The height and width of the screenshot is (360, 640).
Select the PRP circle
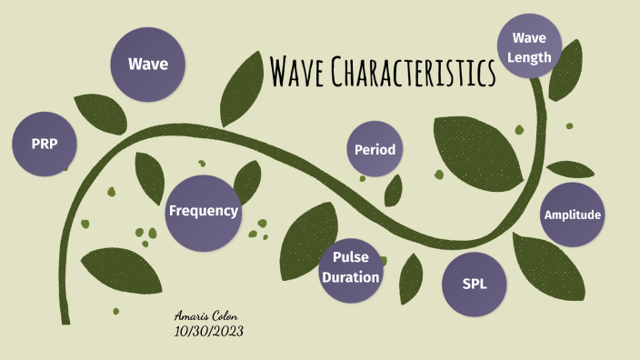[44, 144]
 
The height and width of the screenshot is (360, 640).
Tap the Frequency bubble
[203, 212]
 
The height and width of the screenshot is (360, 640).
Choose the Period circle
[375, 149]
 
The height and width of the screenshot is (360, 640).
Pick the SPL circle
[475, 284]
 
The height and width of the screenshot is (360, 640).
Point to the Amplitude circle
[572, 215]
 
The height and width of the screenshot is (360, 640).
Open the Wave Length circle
[530, 46]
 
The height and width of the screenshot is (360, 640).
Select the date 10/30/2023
[208, 331]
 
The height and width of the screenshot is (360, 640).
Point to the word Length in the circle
[530, 56]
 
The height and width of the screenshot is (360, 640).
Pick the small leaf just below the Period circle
[394, 190]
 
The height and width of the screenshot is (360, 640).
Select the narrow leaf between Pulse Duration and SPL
[411, 276]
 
